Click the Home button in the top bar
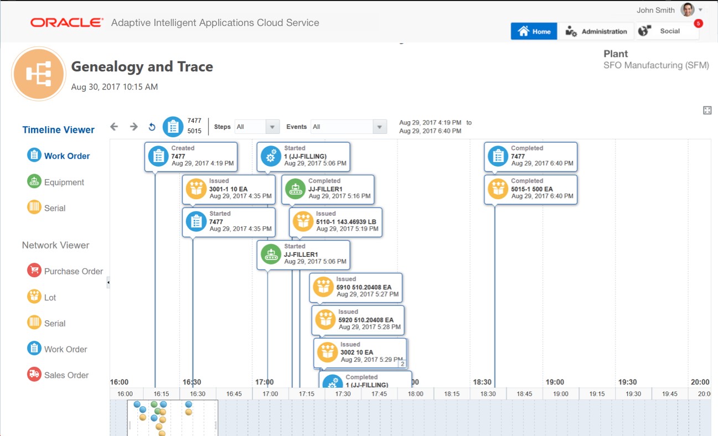point(534,32)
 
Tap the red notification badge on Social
point(698,24)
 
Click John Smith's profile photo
point(688,10)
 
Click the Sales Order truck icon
point(34,375)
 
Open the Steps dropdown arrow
point(272,127)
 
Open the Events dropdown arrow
point(379,127)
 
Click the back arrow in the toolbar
point(114,127)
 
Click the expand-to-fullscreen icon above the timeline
point(707,110)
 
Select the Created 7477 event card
point(191,156)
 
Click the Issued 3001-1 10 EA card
point(229,189)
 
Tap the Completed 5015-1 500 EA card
point(530,189)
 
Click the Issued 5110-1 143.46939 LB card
point(335,222)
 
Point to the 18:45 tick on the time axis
point(524,393)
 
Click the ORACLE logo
point(67,23)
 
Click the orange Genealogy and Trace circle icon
point(39,74)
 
